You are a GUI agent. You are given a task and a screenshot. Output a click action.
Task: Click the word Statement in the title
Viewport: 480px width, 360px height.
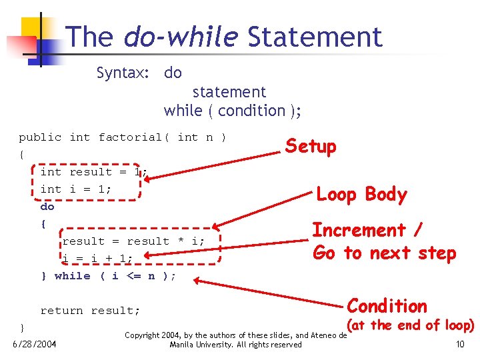pyautogui.click(x=315, y=37)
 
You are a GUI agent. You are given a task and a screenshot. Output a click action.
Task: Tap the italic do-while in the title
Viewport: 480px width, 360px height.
pyautogui.click(x=181, y=37)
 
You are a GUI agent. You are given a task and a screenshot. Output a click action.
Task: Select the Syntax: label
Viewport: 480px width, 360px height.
pyautogui.click(x=123, y=73)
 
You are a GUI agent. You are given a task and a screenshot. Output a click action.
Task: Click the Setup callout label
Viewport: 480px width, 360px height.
pyautogui.click(x=311, y=146)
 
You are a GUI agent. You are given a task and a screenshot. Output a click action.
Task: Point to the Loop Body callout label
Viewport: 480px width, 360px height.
pyautogui.click(x=361, y=195)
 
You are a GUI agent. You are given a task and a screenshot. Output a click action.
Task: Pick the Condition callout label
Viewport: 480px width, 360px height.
pyautogui.click(x=387, y=306)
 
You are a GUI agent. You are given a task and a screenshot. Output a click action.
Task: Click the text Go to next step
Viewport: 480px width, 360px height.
pyautogui.click(x=384, y=253)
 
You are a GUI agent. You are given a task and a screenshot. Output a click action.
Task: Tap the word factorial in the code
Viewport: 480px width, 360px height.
pyautogui.click(x=130, y=137)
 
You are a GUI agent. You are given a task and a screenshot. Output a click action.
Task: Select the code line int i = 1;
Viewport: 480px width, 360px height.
pyautogui.click(x=75, y=189)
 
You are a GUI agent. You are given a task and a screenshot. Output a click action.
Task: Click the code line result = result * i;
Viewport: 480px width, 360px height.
pyautogui.click(x=133, y=241)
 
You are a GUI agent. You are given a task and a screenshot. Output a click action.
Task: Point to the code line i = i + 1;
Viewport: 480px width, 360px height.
pyautogui.click(x=97, y=258)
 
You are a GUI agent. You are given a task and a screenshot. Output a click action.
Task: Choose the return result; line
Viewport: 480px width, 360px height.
pyautogui.click(x=90, y=311)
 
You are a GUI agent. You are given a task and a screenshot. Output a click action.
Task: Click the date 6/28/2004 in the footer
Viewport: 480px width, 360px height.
pyautogui.click(x=35, y=344)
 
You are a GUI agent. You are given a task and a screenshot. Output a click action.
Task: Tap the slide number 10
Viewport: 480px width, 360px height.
pyautogui.click(x=459, y=344)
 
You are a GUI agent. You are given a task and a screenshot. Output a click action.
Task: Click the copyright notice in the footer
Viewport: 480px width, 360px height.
pyautogui.click(x=236, y=340)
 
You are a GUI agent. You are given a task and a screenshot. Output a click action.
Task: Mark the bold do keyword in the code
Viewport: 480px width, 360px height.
pyautogui.click(x=47, y=207)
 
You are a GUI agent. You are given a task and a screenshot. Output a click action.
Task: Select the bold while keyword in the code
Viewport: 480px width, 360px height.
pyautogui.click(x=72, y=276)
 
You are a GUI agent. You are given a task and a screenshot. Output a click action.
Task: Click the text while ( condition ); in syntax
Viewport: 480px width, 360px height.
pyautogui.click(x=232, y=111)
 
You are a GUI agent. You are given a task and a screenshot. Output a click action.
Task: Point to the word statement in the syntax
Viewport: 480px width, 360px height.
pyautogui.click(x=229, y=92)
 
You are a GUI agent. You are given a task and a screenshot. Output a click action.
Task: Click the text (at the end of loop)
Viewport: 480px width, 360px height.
pyautogui.click(x=411, y=325)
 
